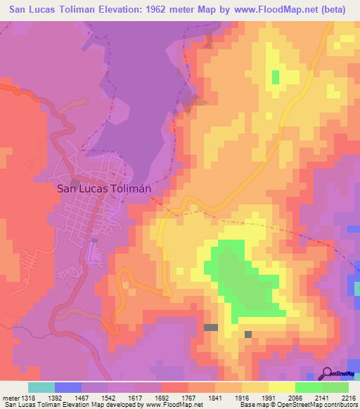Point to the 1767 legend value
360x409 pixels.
(188, 398)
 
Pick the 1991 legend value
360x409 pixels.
(268, 398)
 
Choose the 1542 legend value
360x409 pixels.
(109, 398)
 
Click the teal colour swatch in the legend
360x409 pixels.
(41, 387)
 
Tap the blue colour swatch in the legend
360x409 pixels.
(68, 387)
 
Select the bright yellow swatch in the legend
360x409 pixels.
(281, 387)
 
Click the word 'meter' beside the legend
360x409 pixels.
(10, 398)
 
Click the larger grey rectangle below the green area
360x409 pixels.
(211, 327)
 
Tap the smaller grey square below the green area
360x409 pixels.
(248, 334)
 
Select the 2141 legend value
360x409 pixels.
(321, 398)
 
